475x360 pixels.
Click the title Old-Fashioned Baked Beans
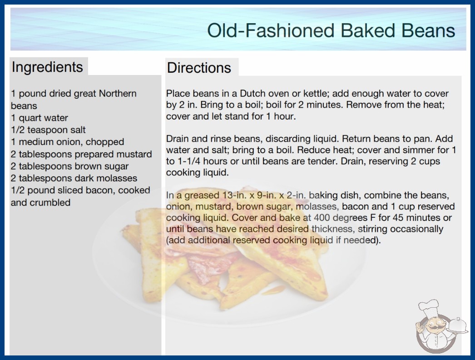click(x=331, y=30)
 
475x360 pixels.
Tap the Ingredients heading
click(x=47, y=67)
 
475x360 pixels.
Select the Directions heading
click(x=199, y=68)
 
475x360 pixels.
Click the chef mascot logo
click(x=438, y=326)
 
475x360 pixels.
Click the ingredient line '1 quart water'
click(x=40, y=118)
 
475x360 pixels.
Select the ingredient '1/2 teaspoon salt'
click(x=48, y=130)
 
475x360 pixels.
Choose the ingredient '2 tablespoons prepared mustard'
click(x=81, y=154)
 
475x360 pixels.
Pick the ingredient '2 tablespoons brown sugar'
click(x=69, y=166)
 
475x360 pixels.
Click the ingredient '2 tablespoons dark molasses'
click(x=74, y=178)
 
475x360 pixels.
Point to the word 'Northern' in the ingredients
click(x=118, y=94)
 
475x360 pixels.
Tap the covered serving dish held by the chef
click(x=457, y=325)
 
